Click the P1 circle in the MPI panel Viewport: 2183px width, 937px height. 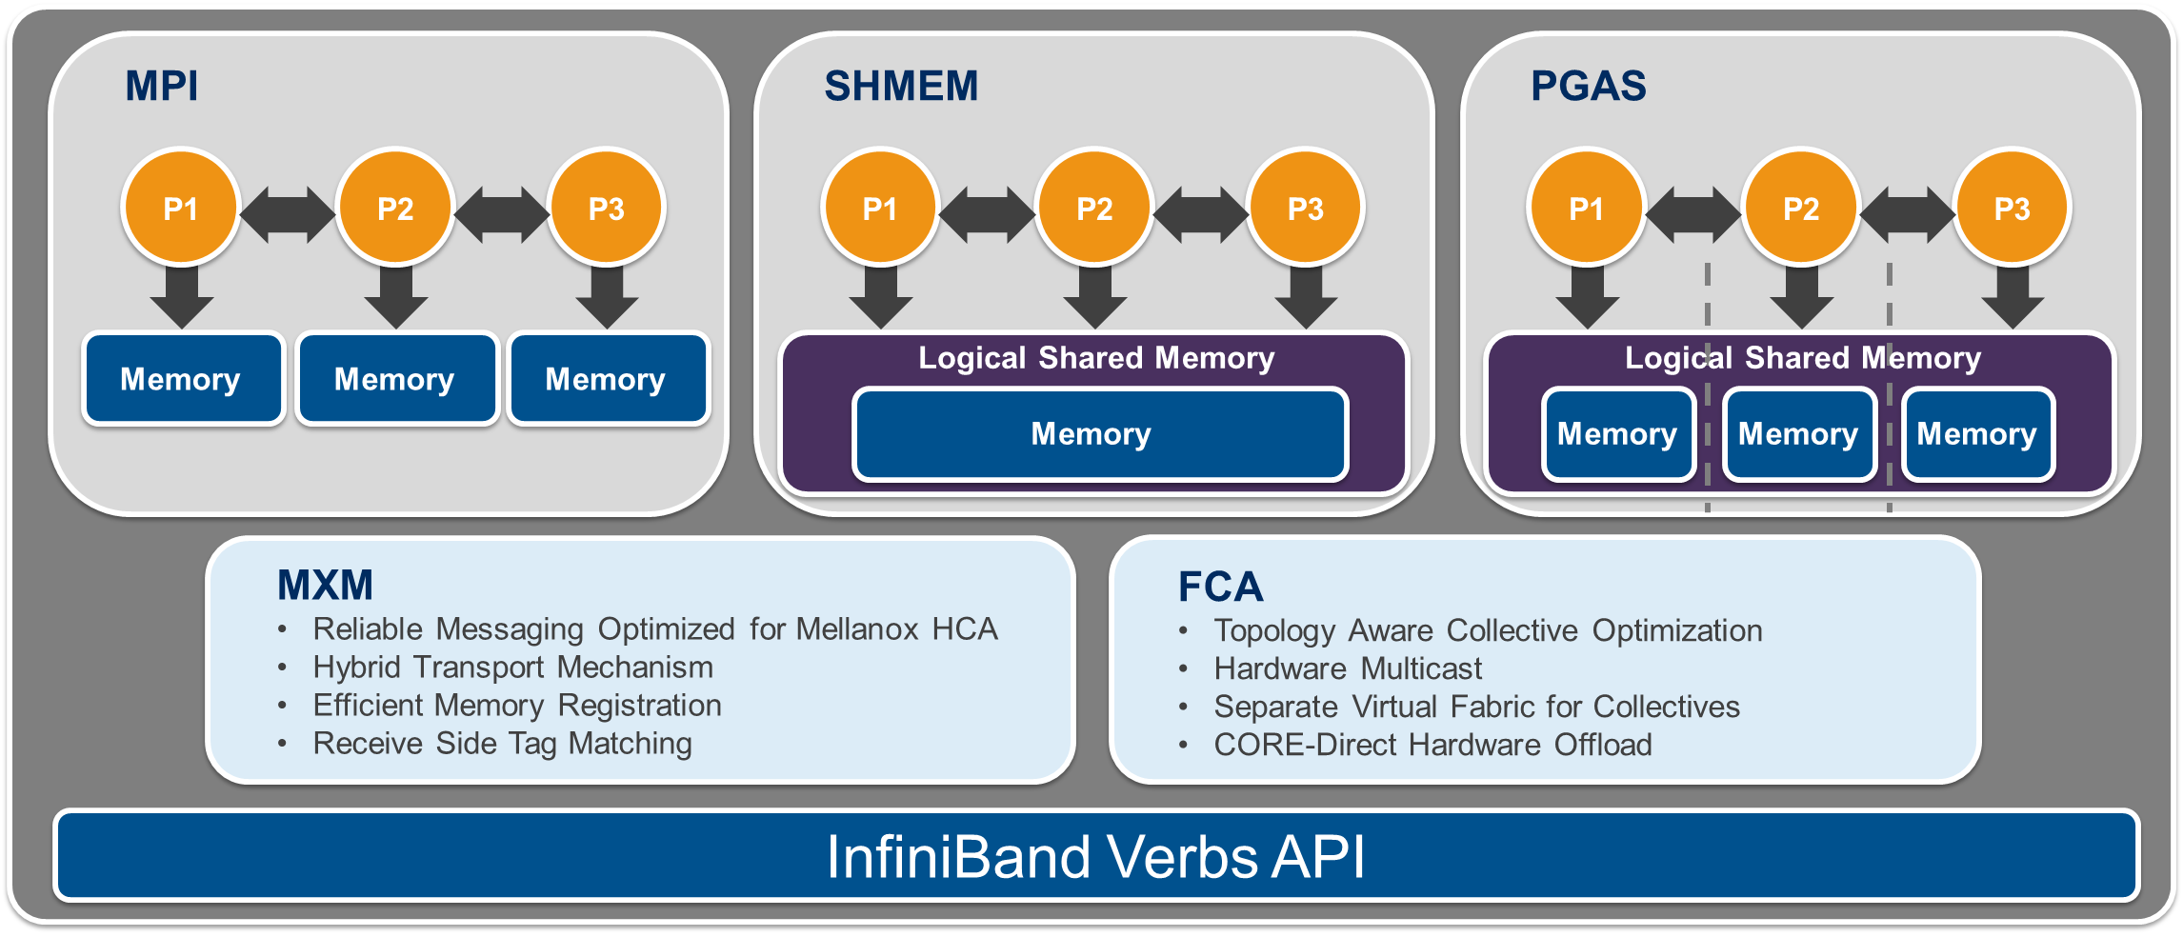(x=180, y=208)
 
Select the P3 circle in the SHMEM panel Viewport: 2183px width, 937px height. (x=1305, y=208)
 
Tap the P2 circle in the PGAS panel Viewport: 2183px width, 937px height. (x=1800, y=208)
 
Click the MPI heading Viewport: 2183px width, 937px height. (x=162, y=86)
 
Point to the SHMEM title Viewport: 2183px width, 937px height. (x=901, y=86)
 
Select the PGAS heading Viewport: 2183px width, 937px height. (x=1588, y=86)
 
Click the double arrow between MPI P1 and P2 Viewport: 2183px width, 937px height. (x=288, y=213)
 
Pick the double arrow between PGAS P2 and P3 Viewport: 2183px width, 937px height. (x=1907, y=213)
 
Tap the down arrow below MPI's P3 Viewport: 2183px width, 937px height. (x=607, y=297)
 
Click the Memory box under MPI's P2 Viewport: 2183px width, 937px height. (x=394, y=379)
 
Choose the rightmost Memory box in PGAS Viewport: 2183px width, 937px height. (x=1977, y=434)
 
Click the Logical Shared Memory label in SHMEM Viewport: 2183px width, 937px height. (x=1095, y=358)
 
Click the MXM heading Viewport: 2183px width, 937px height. (x=325, y=585)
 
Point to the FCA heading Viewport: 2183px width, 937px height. (x=1220, y=587)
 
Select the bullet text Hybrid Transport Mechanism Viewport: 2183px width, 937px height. (x=512, y=668)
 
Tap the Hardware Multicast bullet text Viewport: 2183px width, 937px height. (x=1347, y=669)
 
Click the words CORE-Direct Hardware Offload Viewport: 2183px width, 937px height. (x=1432, y=745)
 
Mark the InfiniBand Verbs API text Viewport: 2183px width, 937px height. (x=1095, y=856)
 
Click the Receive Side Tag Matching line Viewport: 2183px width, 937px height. (x=502, y=744)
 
